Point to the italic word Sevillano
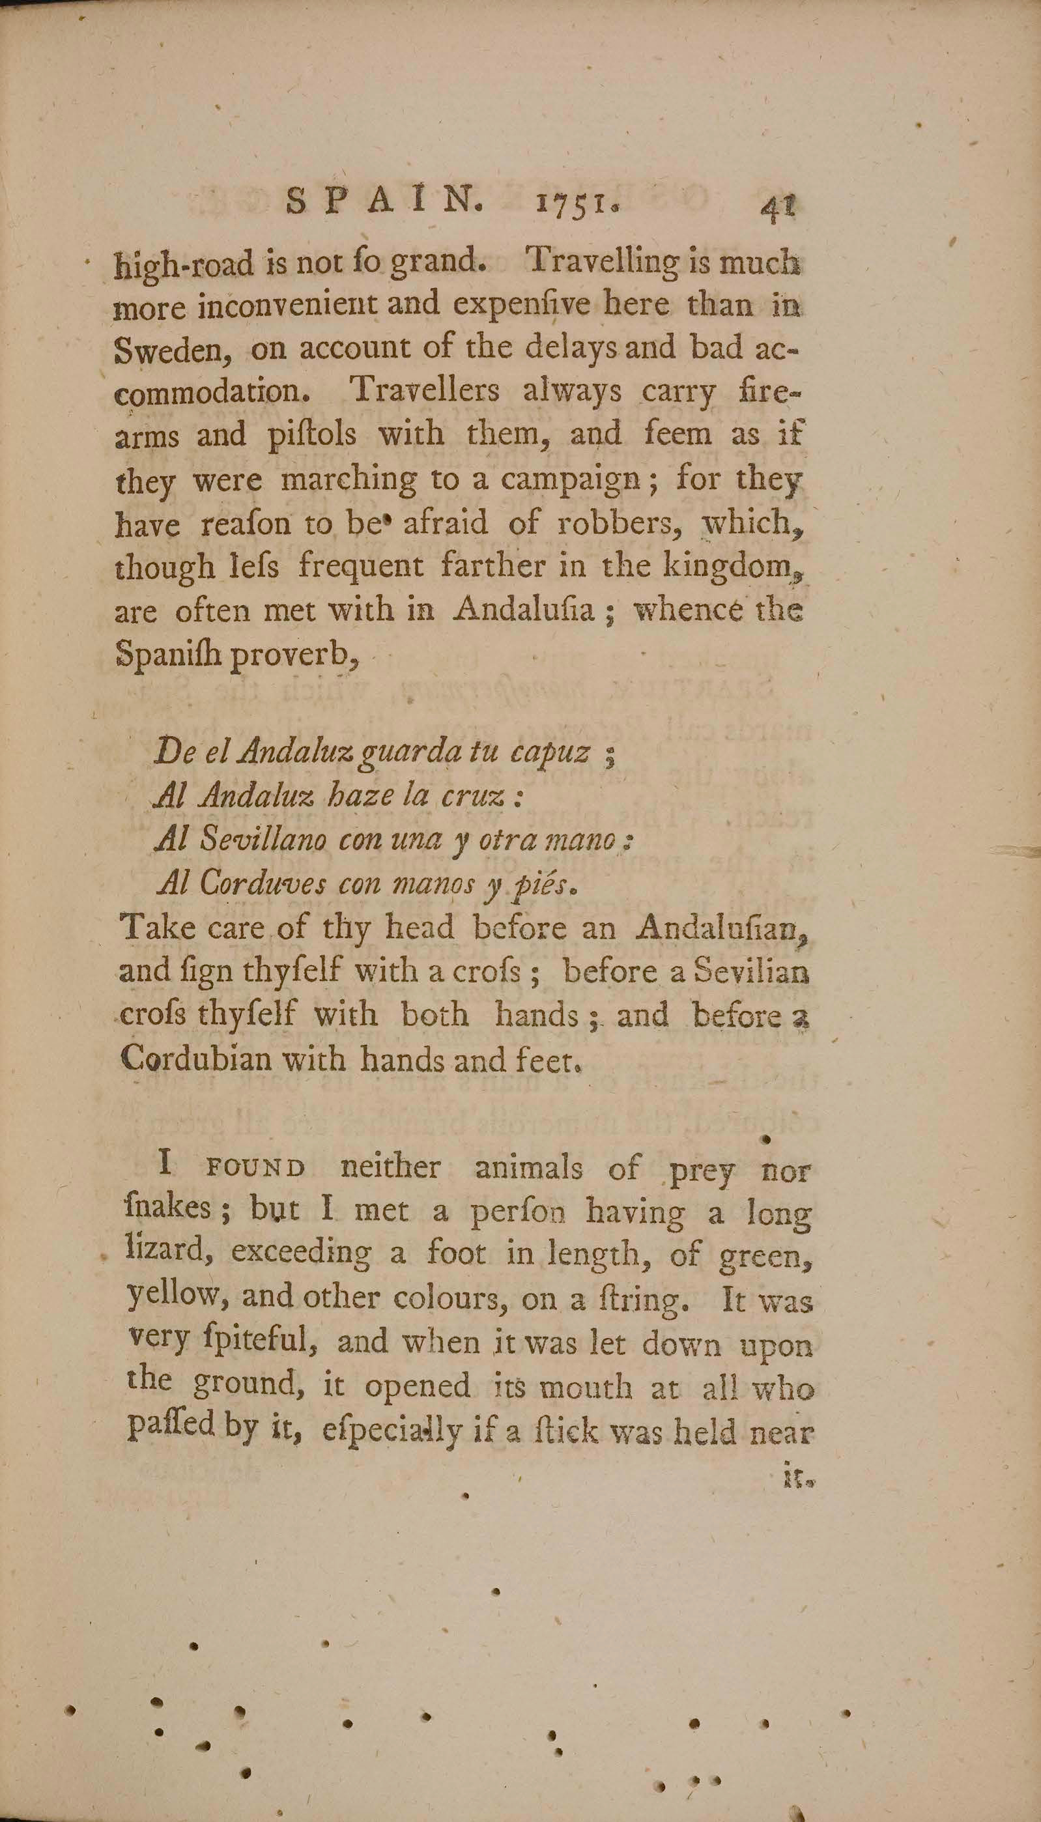point(263,840)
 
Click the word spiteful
point(254,1342)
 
